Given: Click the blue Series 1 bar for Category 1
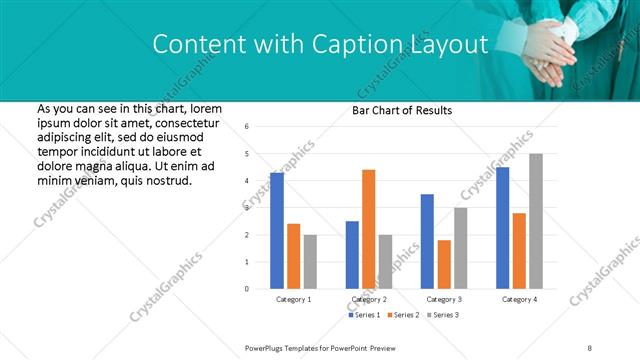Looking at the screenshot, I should point(277,231).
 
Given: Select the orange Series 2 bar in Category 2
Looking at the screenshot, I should point(368,229).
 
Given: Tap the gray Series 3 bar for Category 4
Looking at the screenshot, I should point(536,221).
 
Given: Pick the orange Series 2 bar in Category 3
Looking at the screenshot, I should point(444,264).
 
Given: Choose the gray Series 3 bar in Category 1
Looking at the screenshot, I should point(310,262).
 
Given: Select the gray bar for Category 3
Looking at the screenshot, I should point(460,248).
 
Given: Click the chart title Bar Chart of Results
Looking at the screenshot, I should point(402,110).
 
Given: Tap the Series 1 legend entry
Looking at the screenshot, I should point(364,315).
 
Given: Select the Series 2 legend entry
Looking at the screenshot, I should point(402,315).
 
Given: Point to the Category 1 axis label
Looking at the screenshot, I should point(293,299).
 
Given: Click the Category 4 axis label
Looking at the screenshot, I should point(518,299).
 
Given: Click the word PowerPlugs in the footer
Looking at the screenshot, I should point(267,347).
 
